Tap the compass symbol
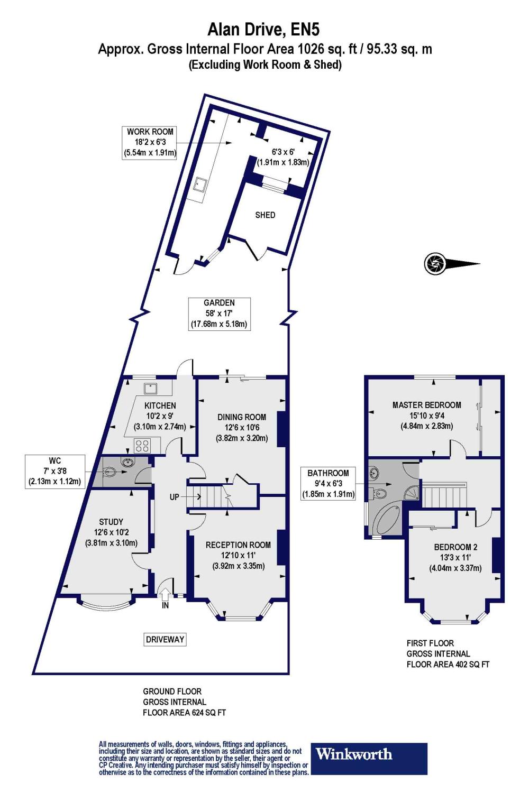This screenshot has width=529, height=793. tap(436, 263)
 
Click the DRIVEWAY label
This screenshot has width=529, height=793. tap(165, 640)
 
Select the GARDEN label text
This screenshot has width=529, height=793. tap(219, 303)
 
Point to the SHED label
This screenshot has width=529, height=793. tap(265, 215)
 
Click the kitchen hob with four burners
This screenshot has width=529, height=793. tap(142, 445)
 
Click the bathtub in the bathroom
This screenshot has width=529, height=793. tap(388, 520)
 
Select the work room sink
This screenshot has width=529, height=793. tap(200, 185)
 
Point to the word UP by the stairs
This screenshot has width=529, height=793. tap(175, 497)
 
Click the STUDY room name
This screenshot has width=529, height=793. tap(111, 522)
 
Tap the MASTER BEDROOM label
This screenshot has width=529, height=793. tap(426, 405)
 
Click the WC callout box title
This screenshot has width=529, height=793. tap(54, 461)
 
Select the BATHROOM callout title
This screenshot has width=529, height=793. tap(328, 473)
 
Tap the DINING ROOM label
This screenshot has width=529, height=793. tap(242, 417)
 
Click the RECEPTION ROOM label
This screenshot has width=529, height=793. tap(238, 545)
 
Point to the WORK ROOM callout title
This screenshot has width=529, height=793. tap(150, 132)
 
